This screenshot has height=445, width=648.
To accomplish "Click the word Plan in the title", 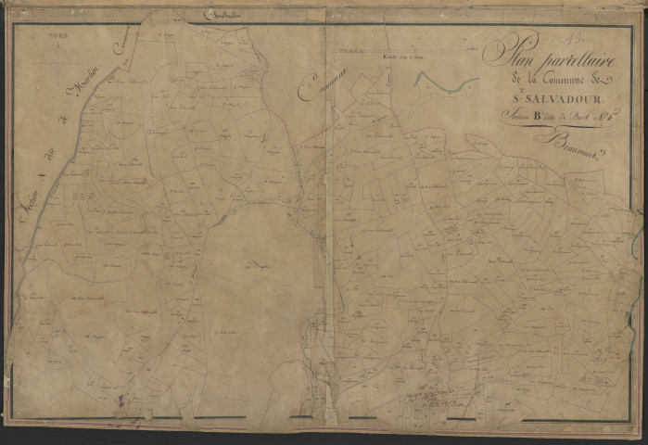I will click(x=508, y=52).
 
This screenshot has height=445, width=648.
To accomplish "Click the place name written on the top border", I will click(x=222, y=18).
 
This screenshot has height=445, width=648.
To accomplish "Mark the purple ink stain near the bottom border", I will click(x=121, y=400).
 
